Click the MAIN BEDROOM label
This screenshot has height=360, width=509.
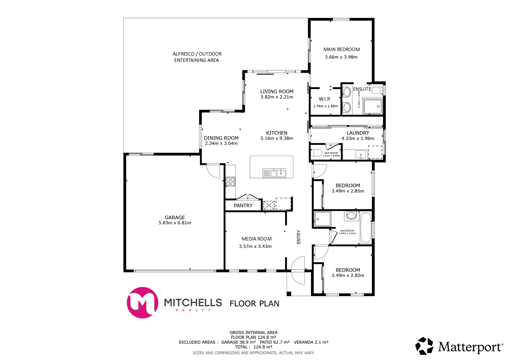pyautogui.click(x=341, y=49)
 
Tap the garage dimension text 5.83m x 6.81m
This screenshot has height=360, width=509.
pyautogui.click(x=175, y=223)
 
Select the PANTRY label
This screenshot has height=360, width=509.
pyautogui.click(x=243, y=206)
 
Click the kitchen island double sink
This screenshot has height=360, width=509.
pyautogui.click(x=278, y=173)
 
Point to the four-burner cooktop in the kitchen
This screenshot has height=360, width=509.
pyautogui.click(x=230, y=182)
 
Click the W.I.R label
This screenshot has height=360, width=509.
pyautogui.click(x=324, y=99)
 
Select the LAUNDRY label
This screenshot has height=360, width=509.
pyautogui.click(x=358, y=133)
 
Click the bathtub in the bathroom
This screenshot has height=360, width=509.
pyautogui.click(x=366, y=228)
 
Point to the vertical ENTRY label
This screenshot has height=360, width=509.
pyautogui.click(x=299, y=237)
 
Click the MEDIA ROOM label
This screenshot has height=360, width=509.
pyautogui.click(x=256, y=239)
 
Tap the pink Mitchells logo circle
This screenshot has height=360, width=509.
pyautogui.click(x=142, y=302)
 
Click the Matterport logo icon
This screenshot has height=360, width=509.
pyautogui.click(x=424, y=346)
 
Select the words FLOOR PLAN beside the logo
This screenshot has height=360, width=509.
pyautogui.click(x=254, y=304)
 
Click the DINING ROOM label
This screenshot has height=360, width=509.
pyautogui.click(x=221, y=138)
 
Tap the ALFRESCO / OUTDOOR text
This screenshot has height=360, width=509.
pyautogui.click(x=197, y=54)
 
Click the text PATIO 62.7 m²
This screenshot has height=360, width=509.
pyautogui.click(x=275, y=342)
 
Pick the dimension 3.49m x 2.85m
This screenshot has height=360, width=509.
pyautogui.click(x=348, y=191)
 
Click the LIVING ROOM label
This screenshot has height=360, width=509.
pyautogui.click(x=277, y=91)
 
